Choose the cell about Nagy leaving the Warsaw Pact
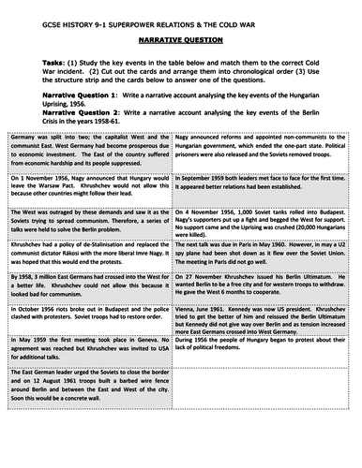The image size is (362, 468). click(92, 196)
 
